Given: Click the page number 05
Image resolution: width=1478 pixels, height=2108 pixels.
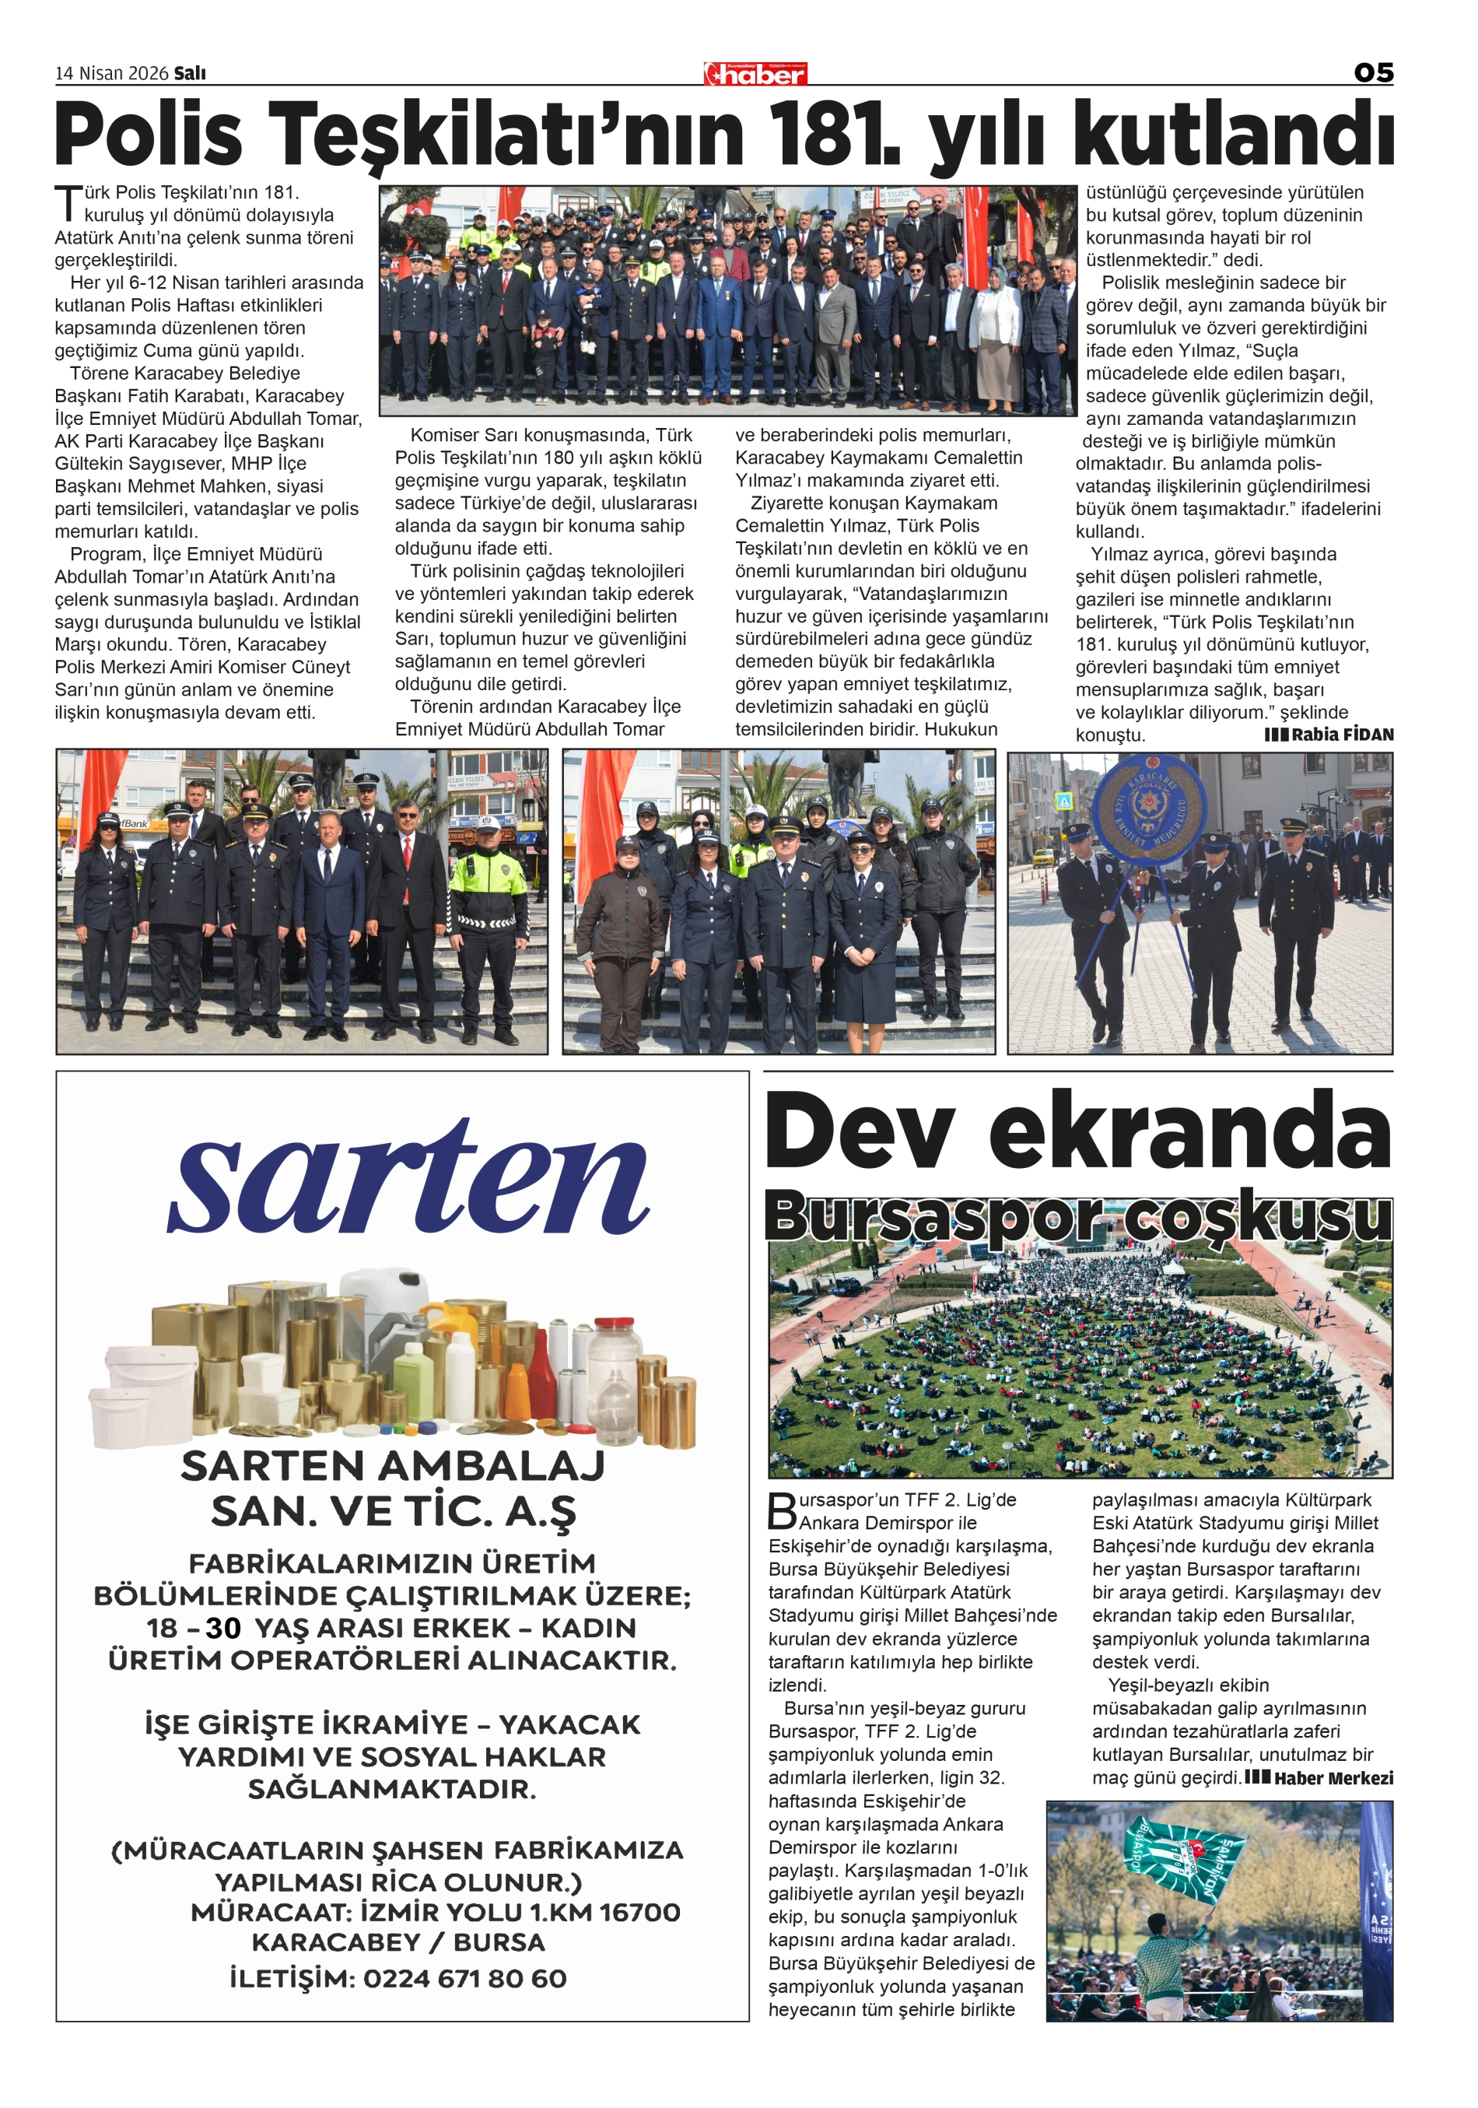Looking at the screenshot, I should [x=1372, y=72].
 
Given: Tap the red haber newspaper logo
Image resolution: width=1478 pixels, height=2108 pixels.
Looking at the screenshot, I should [x=755, y=73].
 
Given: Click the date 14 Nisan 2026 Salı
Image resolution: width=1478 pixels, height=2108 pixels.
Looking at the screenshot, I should [x=131, y=73].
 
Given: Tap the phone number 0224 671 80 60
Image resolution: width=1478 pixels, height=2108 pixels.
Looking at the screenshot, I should [x=464, y=1979].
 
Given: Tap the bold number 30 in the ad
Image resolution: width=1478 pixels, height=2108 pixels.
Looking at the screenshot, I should [x=223, y=1628].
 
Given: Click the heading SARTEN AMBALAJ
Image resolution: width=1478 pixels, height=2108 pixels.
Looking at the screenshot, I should [x=393, y=1466].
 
